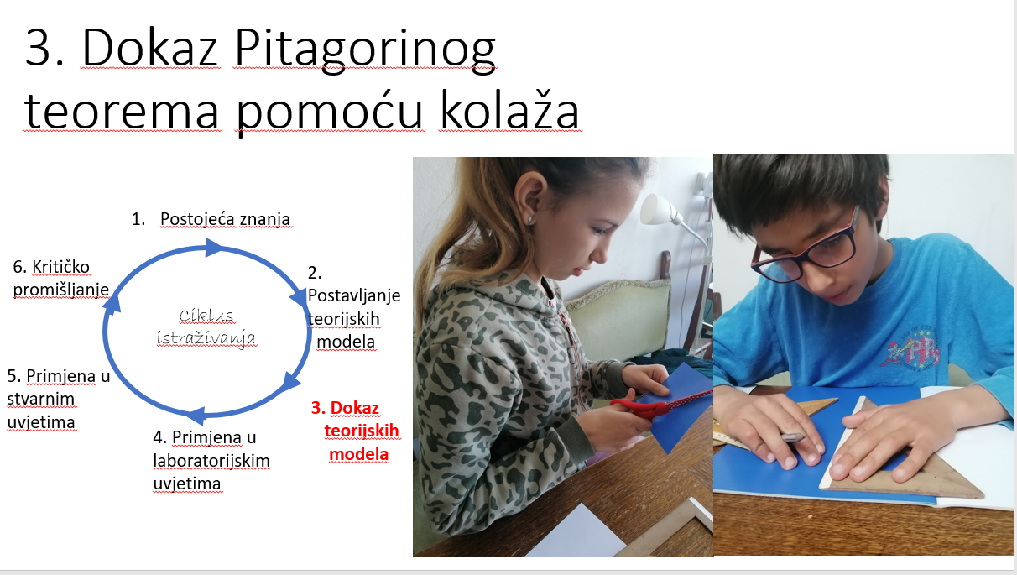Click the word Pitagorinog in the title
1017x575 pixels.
[x=365, y=50]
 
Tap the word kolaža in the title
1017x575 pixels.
[x=509, y=109]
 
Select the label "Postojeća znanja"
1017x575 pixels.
[x=225, y=219]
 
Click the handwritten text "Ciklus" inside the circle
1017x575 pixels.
[x=206, y=316]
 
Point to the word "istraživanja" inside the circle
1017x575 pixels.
[x=206, y=338]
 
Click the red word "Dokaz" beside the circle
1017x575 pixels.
[x=355, y=408]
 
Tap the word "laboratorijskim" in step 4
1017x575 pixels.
[x=211, y=461]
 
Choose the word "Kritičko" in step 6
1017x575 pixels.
[x=61, y=267]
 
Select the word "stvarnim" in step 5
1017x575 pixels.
[x=41, y=399]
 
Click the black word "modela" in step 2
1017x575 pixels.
[x=346, y=342]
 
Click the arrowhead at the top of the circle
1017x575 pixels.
[x=213, y=248]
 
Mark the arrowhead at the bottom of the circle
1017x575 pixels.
[x=197, y=416]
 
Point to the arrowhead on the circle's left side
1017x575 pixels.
[x=112, y=303]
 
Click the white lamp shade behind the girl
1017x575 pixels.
[x=656, y=209]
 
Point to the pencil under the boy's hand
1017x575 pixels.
[x=793, y=437]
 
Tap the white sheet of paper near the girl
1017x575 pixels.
[x=576, y=537]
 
